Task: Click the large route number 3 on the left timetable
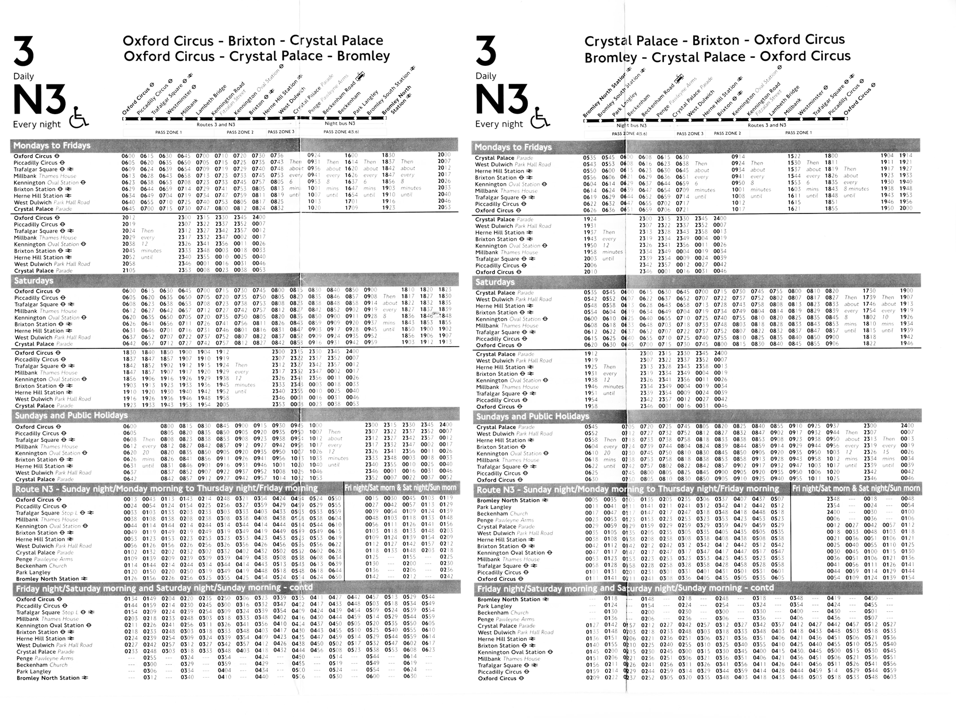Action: [23, 52]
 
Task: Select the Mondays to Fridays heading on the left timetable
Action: [52, 146]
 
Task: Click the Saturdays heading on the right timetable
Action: [495, 282]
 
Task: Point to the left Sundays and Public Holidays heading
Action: [71, 415]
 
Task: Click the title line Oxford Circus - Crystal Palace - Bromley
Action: [257, 56]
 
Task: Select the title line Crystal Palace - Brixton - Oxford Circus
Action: [714, 40]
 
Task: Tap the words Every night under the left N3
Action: [37, 124]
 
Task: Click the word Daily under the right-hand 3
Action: [485, 76]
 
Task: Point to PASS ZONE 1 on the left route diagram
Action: [168, 132]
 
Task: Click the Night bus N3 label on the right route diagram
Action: [631, 125]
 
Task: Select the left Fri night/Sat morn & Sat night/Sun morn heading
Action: [400, 488]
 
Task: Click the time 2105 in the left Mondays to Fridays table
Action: [129, 270]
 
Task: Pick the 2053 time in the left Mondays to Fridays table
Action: [445, 208]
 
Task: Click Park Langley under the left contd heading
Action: [33, 671]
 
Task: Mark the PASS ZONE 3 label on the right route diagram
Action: [690, 133]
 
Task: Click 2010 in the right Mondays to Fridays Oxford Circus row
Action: [591, 271]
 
